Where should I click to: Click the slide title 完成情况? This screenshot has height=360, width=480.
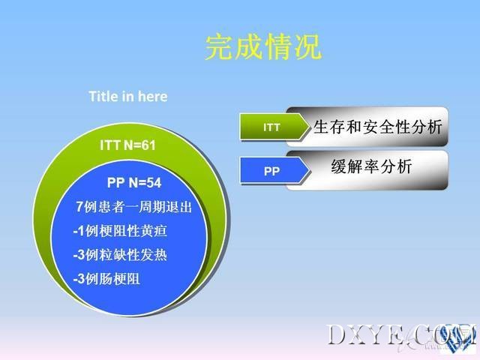coord(263,46)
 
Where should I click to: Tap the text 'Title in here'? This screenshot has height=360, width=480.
coord(128,97)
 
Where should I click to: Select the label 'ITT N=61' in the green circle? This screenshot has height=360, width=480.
coord(127,145)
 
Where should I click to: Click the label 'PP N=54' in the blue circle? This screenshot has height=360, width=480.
coord(134,183)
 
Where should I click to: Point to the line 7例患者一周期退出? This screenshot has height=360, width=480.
coord(133,207)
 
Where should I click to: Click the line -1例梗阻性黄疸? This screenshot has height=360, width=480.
coord(120,231)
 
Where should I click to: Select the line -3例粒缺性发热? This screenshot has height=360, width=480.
coord(120,255)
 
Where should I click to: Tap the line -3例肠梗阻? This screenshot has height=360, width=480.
coord(106,279)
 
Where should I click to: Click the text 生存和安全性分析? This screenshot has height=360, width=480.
coord(378,127)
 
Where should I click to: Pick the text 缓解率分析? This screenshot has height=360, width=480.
coord(371,166)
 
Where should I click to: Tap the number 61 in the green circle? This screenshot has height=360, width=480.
coord(148,145)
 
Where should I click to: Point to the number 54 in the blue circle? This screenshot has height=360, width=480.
coord(154,183)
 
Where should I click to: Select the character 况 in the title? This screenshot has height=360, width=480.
coord(307,46)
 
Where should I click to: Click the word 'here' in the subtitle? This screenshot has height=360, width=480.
coord(153,97)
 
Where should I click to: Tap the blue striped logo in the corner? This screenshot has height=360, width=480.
coord(457,337)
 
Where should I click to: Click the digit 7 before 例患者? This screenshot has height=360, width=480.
coord(79,207)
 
